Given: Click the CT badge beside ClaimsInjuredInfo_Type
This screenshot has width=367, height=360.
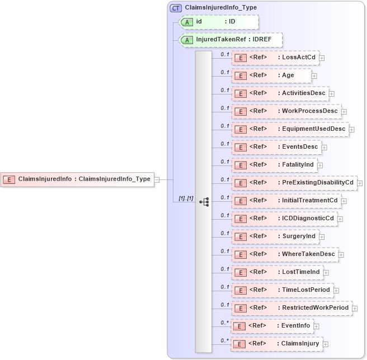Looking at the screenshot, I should coord(176,8).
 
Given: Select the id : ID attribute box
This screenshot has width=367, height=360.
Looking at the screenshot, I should coord(219,22).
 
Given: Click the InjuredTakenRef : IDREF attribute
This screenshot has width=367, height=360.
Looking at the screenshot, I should coord(230,40).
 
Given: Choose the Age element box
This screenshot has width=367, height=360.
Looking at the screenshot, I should coord(271,75).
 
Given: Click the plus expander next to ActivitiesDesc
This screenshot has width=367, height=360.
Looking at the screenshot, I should coord(332,94).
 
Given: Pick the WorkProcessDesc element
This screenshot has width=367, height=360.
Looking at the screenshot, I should coord(286,111).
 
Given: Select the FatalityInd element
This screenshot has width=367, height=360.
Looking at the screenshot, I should coord(275,165).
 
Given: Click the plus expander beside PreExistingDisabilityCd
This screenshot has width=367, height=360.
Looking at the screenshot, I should coord(360,183).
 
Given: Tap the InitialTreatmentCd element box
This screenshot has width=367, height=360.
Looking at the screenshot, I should coord(286,201).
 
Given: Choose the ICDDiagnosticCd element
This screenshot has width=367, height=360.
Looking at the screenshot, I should coord(284,219).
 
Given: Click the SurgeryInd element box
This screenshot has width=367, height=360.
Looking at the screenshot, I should coord(275,236).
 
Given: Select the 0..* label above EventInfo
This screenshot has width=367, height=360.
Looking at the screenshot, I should coord(225,323).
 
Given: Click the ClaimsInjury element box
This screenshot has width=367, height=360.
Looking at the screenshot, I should coord(276,344).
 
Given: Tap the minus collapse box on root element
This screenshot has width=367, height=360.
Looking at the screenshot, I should coord(157,179).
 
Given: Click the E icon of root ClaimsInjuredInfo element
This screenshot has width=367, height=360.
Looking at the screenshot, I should coord(9,179).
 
